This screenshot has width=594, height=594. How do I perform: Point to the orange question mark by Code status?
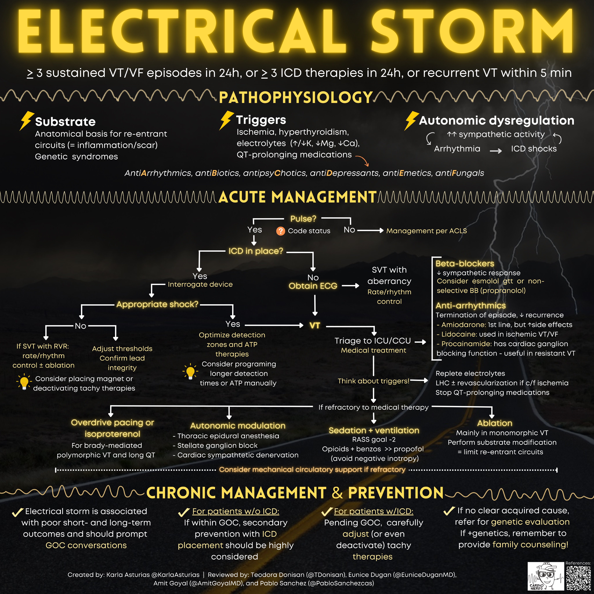pos(280,231)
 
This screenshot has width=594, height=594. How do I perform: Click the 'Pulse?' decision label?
pos(303,219)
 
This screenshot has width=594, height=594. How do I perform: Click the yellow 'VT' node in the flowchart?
pos(315,325)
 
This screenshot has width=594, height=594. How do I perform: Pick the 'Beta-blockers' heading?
pos(464,264)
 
